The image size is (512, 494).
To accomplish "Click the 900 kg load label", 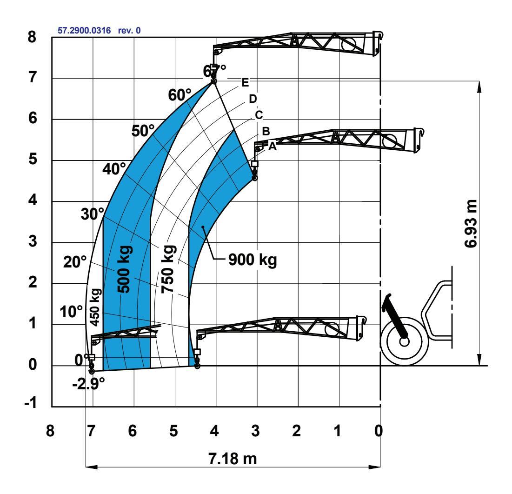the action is (253, 260).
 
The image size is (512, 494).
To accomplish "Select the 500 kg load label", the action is (125, 269).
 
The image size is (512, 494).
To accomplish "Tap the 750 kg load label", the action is (168, 269).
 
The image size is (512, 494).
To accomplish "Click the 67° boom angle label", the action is (214, 71).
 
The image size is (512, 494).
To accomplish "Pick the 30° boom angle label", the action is (93, 214).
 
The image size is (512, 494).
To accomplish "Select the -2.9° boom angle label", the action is (88, 384).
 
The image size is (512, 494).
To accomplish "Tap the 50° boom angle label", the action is (143, 131).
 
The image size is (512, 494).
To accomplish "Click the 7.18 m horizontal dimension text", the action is (233, 459).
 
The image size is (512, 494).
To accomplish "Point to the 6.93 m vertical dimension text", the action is (471, 224).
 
